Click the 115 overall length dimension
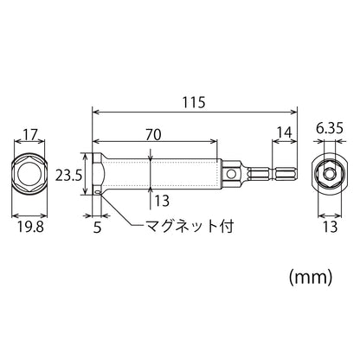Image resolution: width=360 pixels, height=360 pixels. (194, 102)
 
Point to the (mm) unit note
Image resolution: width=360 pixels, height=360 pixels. (311, 278)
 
